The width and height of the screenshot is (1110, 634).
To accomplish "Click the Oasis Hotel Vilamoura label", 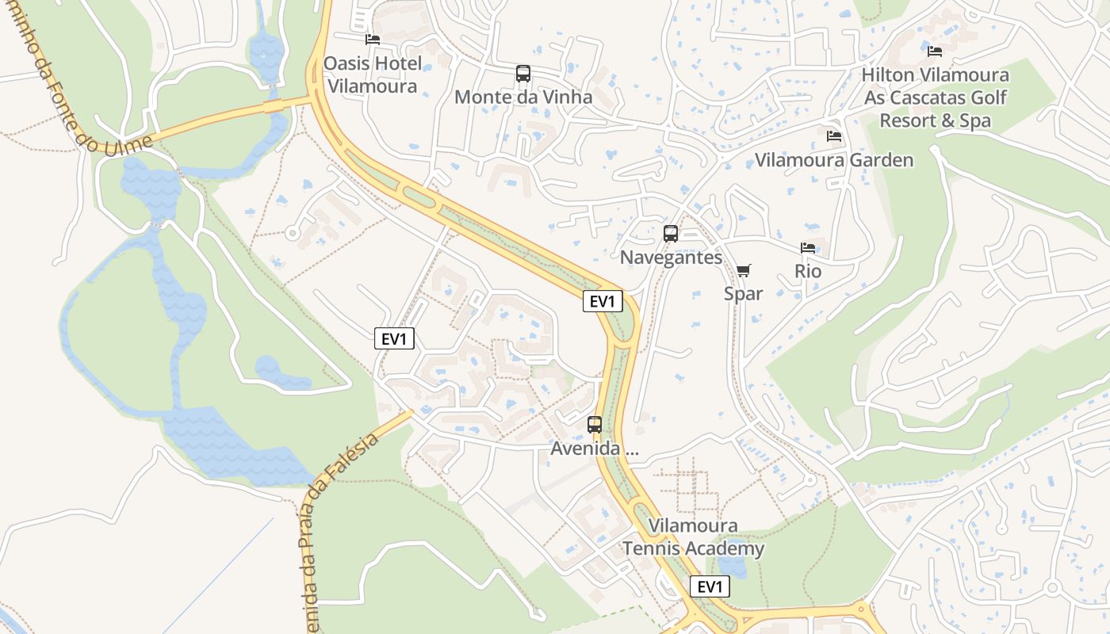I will pos(372,74).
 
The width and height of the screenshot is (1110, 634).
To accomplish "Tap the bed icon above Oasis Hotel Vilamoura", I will pos(373,39).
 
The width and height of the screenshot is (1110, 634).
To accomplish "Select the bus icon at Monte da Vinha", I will pos(523,74).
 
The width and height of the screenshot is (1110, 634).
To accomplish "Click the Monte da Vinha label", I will pos(523,97).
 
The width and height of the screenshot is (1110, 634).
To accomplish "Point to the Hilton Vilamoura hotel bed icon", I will pos(935,52).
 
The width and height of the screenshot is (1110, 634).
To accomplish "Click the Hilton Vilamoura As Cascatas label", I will pos(936,97).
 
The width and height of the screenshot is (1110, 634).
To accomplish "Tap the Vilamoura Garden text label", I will pos(834,160).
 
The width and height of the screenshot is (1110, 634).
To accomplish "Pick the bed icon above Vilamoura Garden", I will pos(834,136).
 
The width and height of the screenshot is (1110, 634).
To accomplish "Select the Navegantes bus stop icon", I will pos(671,234).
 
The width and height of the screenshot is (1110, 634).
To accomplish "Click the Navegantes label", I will pos(671,258).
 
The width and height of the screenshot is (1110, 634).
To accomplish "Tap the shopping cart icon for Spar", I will pos(743,271).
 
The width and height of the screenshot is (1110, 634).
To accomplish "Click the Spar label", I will pos(743,293).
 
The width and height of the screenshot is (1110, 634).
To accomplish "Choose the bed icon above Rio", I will pos(808,248).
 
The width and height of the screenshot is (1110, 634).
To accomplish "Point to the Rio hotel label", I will pos(808,271).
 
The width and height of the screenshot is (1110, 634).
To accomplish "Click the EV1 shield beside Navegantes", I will pos(603,301).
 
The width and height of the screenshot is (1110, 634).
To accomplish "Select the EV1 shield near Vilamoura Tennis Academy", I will pos(710,586).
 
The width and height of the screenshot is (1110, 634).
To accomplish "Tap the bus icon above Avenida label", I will pos(595,425).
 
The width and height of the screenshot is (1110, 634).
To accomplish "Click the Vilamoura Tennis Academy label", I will pos(693,537).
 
